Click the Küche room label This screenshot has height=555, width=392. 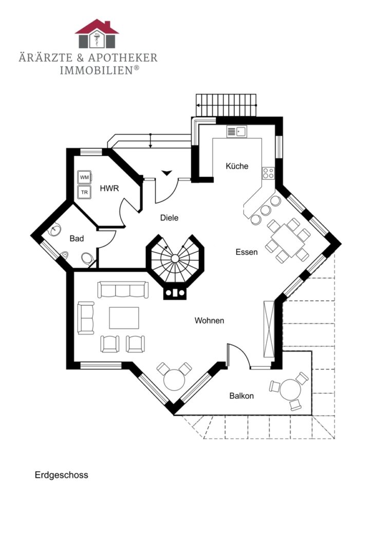click(237, 166)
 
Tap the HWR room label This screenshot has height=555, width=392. click(109, 188)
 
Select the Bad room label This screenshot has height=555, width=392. click(77, 238)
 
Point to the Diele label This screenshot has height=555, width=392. click(169, 218)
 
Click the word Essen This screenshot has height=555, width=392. click(247, 252)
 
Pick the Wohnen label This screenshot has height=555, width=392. click(210, 321)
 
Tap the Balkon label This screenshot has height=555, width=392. click(241, 396)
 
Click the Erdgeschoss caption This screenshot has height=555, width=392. click(61, 475)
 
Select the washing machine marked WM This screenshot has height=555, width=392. click(85, 177)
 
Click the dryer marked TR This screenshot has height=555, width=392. click(85, 192)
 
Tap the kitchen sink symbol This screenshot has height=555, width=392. click(237, 132)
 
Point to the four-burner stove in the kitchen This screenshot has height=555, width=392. click(268, 173)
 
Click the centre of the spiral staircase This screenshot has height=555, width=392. click(175, 258)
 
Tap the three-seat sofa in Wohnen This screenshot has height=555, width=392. click(123, 289)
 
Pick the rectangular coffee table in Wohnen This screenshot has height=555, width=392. click(124, 318)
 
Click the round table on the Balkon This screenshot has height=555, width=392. click(290, 389)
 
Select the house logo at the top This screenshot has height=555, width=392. click(97, 33)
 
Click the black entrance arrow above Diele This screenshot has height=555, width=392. click(167, 173)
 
